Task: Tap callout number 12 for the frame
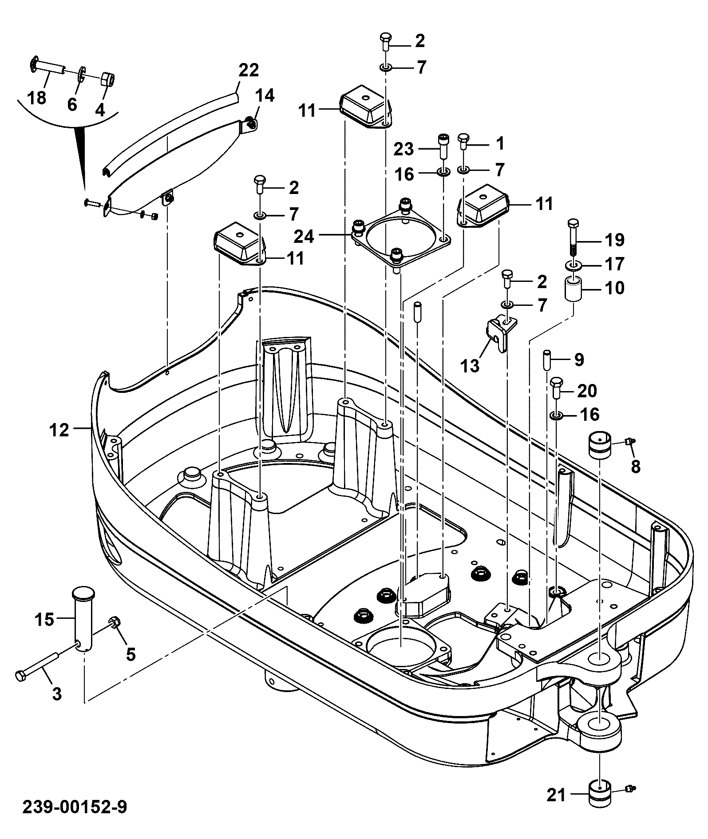pos(59,430)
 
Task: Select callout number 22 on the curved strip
pos(249,70)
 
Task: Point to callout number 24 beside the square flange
pos(304,237)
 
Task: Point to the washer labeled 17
pos(574,265)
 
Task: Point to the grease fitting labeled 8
pos(629,441)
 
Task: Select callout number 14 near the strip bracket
pos(265,95)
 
